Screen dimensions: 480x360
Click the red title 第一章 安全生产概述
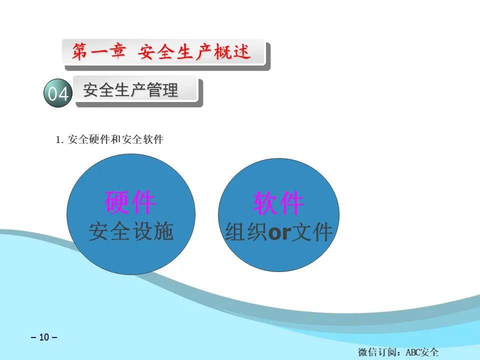161,51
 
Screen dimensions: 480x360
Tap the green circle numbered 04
58,93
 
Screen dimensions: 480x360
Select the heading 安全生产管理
130,90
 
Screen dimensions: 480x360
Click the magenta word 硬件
130,202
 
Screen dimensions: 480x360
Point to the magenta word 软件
278,202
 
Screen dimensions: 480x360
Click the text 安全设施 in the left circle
131,231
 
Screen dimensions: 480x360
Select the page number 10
44,337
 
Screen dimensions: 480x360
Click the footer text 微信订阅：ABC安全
398,352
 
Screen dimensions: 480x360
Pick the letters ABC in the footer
413,352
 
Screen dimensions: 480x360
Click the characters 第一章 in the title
98,51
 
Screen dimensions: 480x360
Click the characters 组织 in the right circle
246,232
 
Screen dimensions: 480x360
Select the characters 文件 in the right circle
311,232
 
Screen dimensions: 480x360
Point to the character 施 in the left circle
163,231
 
